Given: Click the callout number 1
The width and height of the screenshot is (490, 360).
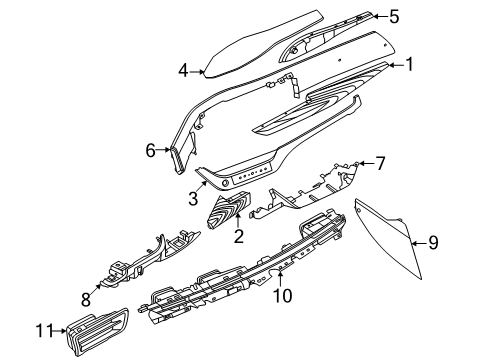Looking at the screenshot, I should point(407,66).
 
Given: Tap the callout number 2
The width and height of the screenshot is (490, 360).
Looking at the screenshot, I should point(239,236).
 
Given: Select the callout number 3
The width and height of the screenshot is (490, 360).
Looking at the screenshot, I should point(192,199).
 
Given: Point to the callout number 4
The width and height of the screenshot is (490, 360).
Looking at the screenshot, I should point(183,70).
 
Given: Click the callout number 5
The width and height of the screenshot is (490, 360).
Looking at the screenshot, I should point(393,15).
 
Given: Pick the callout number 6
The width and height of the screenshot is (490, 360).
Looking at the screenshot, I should point(151,151).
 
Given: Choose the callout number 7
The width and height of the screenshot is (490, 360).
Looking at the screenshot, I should point(379,162).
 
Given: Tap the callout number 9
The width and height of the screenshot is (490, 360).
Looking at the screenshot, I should point(433,241).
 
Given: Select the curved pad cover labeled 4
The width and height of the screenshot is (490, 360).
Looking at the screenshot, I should point(240,46).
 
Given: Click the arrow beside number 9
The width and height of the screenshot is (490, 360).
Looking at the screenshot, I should point(417,241).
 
